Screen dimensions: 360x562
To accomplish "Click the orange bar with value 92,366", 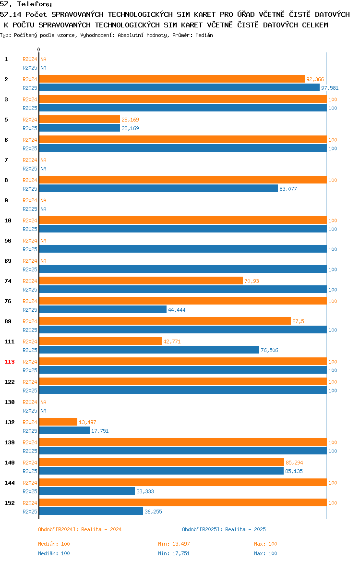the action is coord(172,79).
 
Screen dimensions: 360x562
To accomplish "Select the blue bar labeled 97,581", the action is coord(180,88).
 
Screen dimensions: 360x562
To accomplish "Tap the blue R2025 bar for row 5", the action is coord(80,128).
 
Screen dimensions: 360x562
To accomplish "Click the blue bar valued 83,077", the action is coord(159,188).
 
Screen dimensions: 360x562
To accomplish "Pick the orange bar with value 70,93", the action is coord(141,281).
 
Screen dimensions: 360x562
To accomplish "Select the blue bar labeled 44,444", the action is coord(103,310).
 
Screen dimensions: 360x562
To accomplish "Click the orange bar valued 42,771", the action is coord(101,342).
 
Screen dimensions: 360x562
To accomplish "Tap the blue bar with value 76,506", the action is coord(149,350).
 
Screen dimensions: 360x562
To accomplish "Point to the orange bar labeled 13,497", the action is coord(59,422).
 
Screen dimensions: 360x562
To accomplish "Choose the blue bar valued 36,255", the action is coord(91,512).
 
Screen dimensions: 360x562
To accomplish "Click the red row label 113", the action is coord(10,362).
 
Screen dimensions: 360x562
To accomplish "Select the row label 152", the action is coord(10,503).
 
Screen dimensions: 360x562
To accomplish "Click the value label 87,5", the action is coord(298,321).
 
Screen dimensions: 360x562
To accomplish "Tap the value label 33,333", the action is coord(145,491).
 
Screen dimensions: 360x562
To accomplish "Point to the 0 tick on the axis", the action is coord(39,50).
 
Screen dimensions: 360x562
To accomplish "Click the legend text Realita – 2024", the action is coord(101,529).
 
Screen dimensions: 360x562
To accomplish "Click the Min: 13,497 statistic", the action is coord(174,544).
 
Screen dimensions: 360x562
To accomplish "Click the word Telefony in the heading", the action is coord(35,4).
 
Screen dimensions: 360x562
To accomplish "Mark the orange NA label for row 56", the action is coord(43,241).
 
